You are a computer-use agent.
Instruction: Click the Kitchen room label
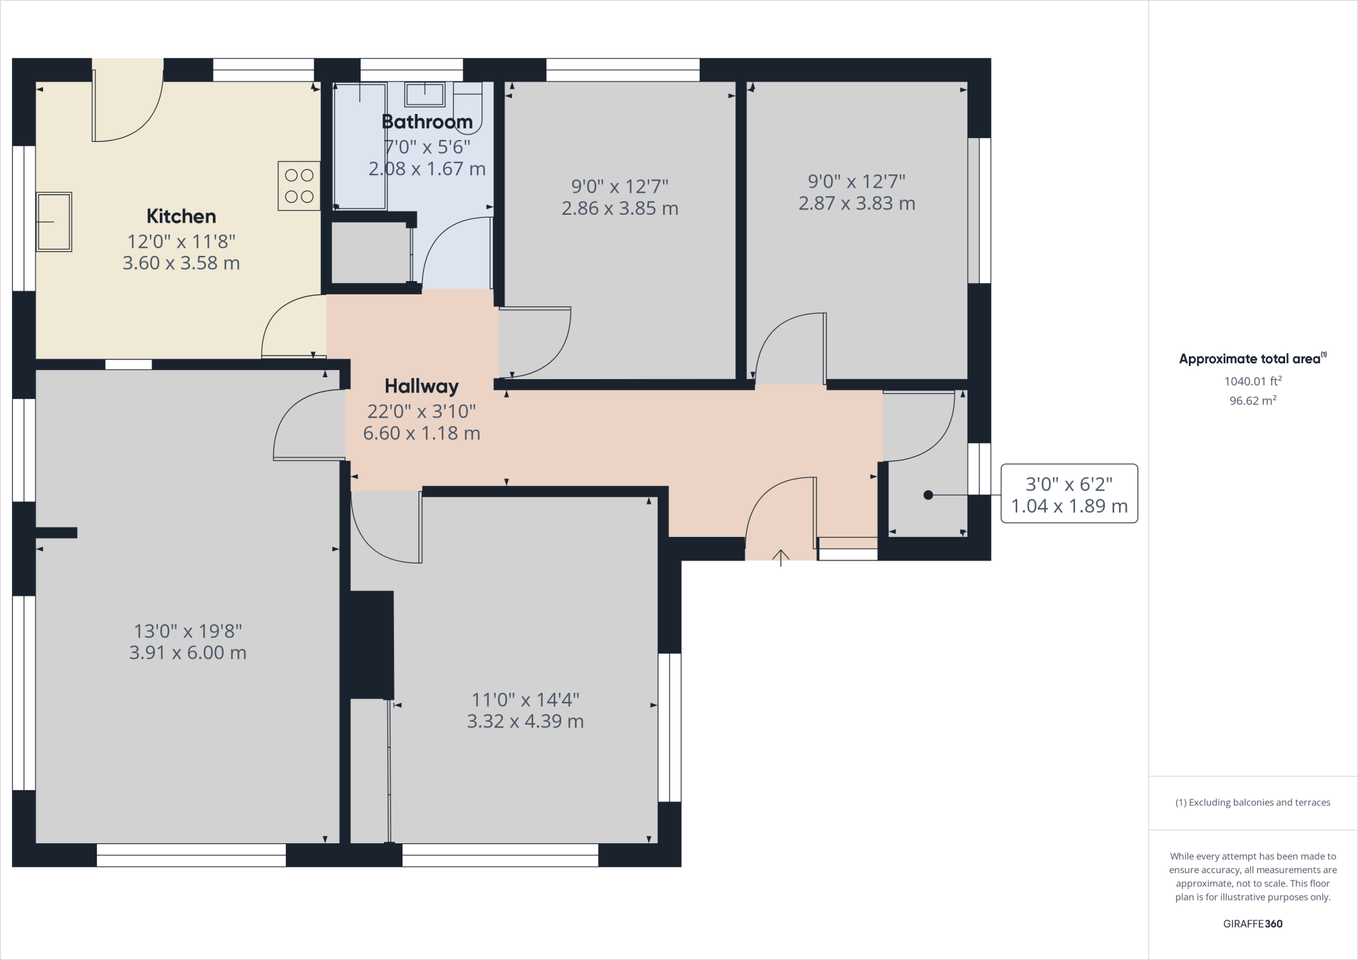click(x=181, y=216)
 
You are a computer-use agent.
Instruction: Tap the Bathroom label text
click(x=427, y=121)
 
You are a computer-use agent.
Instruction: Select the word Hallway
click(x=422, y=386)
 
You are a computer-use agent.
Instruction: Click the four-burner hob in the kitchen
click(x=299, y=186)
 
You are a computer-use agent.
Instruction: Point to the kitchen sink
click(x=54, y=222)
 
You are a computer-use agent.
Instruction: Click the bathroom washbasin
click(x=424, y=94)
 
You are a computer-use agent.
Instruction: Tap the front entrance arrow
click(x=781, y=558)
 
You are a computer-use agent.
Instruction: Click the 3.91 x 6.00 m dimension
click(x=188, y=652)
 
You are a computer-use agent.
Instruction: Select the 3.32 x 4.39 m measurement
click(x=525, y=721)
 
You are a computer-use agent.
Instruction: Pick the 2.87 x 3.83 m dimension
click(x=857, y=203)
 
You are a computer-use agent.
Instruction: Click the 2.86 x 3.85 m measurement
click(x=620, y=208)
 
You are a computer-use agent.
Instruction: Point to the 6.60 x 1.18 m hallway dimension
click(x=422, y=433)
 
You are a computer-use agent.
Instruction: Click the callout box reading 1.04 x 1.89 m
click(x=1069, y=494)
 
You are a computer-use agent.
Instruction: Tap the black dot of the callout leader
click(x=928, y=495)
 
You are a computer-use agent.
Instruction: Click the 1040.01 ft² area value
click(x=1253, y=381)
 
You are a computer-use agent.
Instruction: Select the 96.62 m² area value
click(x=1253, y=400)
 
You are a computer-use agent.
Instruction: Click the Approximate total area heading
click(x=1253, y=359)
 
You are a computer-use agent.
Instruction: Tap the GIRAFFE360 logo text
click(x=1253, y=924)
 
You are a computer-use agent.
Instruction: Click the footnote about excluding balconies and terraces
click(x=1253, y=802)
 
